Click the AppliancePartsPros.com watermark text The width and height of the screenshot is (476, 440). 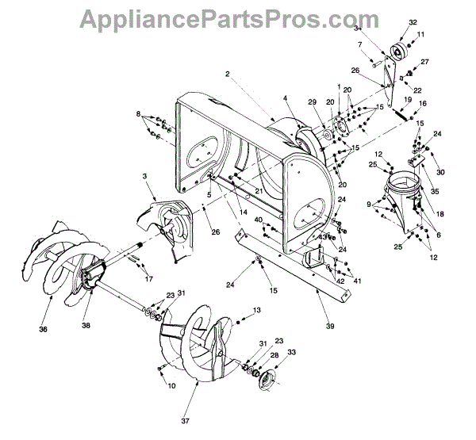point(238,17)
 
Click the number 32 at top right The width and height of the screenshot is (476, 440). point(413,22)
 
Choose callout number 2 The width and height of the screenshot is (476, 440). point(227,74)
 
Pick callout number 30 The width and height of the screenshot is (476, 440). point(439,174)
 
